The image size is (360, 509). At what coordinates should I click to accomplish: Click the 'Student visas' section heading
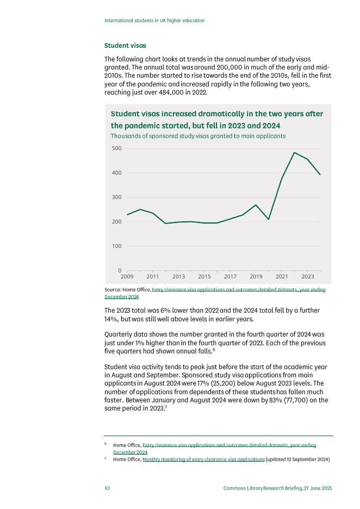coord(125,46)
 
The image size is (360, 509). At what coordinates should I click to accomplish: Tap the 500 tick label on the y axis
coord(117,148)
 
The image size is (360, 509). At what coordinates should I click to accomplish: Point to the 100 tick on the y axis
coord(117,246)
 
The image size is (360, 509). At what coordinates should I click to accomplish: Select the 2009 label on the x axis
coord(127,277)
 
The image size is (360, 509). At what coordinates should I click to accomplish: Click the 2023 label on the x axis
coord(307,277)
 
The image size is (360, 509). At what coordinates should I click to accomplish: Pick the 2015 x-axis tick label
coord(204,277)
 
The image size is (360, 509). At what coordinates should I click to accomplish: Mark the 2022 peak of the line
coord(294,153)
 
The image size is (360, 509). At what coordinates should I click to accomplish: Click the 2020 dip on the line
coord(269,219)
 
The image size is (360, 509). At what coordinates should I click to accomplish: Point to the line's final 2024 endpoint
coord(320,175)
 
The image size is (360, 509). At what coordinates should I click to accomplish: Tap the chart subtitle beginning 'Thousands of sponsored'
coord(198,136)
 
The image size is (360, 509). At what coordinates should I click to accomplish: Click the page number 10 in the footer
coord(107,488)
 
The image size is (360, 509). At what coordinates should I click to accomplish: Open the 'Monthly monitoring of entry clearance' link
coord(203,460)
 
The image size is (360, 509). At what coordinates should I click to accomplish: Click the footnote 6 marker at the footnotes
coord(105,444)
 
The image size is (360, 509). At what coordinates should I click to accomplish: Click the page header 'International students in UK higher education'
coord(154,21)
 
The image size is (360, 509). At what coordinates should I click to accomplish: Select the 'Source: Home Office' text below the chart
coord(127,290)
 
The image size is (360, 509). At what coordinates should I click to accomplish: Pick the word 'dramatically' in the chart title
coord(217,114)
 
